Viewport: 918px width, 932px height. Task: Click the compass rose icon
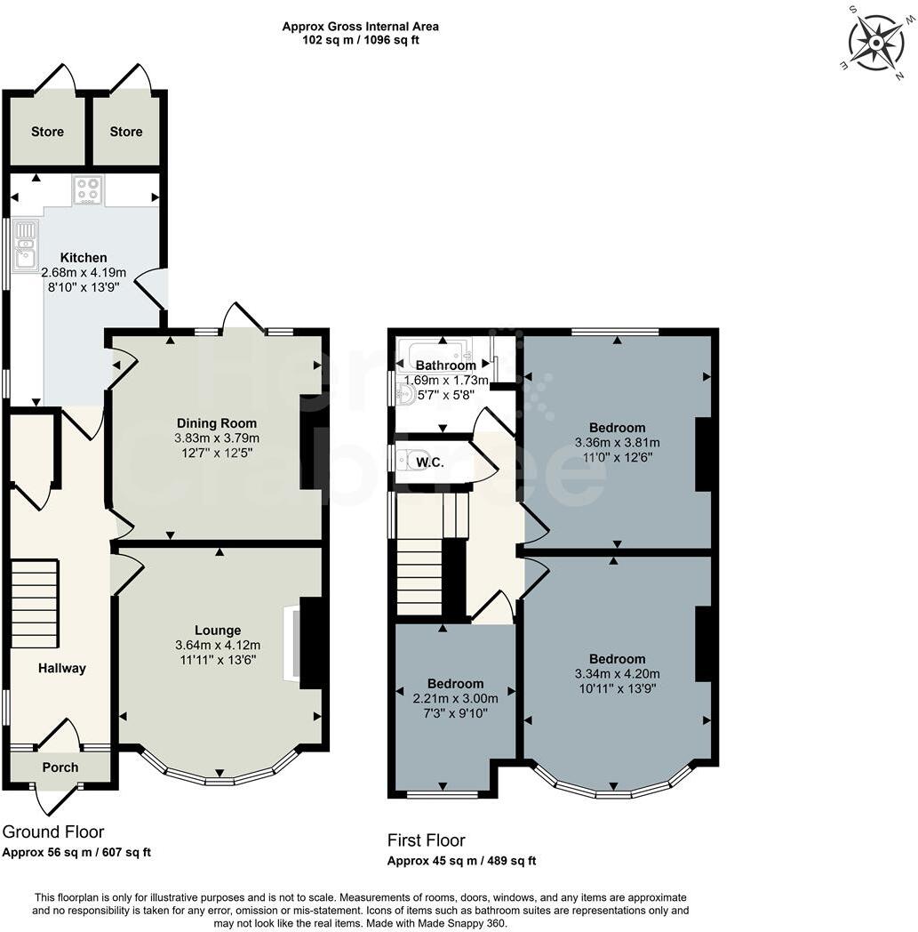pos(876,41)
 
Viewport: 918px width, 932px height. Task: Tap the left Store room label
pos(47,132)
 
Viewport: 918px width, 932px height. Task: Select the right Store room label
pos(126,132)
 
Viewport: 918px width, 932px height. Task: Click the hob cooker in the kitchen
pos(88,189)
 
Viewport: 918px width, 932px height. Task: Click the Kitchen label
pos(84,258)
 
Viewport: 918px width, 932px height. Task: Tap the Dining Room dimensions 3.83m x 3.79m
pos(217,438)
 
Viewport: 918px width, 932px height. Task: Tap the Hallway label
pos(61,669)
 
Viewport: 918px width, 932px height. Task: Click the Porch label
pos(60,767)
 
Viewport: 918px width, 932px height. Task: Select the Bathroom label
pos(446,366)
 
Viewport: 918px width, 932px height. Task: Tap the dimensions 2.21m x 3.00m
pos(454,698)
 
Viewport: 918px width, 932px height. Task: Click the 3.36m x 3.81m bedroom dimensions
pos(618,442)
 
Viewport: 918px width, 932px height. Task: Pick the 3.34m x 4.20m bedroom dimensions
pos(618,673)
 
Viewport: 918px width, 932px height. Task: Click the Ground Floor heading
pos(53,832)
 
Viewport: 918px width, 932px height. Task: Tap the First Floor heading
pos(426,840)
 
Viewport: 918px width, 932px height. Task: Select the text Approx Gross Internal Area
pos(360,27)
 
